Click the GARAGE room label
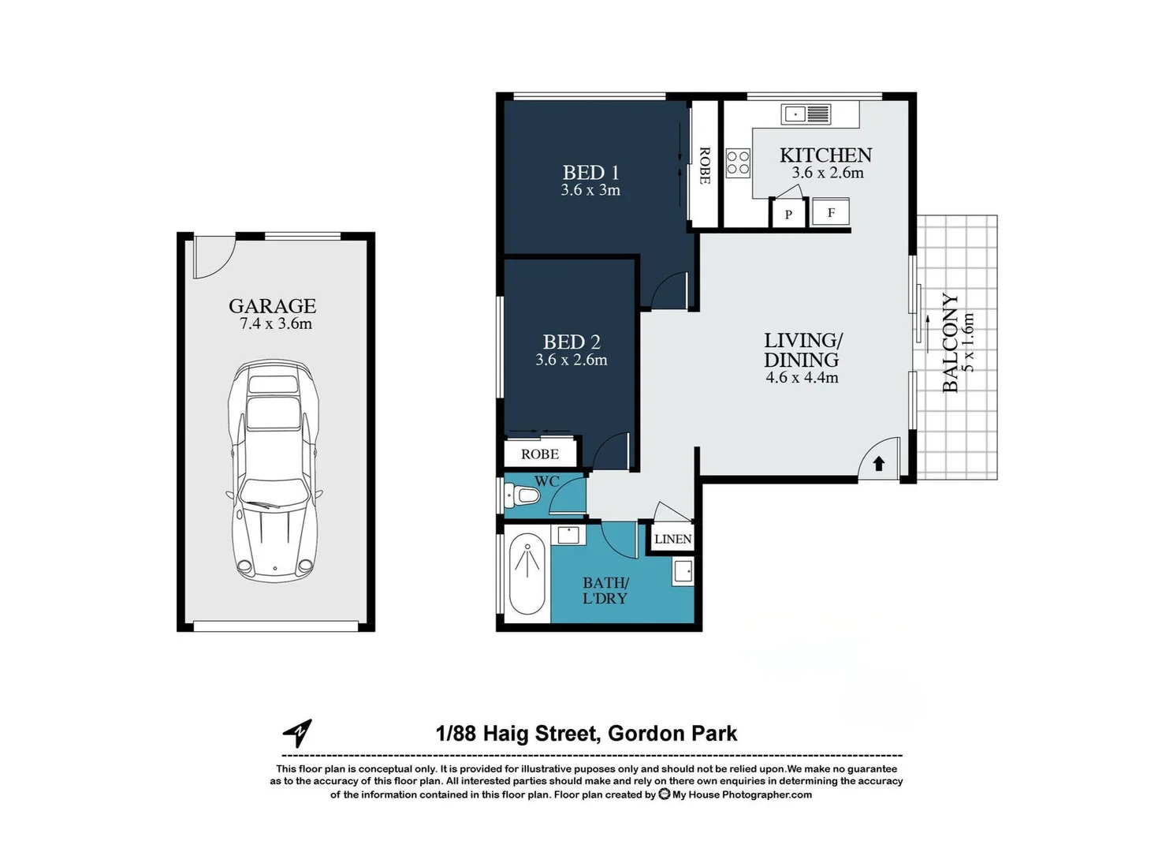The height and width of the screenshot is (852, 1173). (x=272, y=306)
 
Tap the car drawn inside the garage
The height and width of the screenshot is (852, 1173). (x=274, y=470)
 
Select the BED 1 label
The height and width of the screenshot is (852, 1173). (x=590, y=173)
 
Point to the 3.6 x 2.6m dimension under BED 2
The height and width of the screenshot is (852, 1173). (x=571, y=361)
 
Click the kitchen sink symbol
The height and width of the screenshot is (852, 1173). (x=806, y=114)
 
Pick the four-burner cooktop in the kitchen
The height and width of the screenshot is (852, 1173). (x=738, y=163)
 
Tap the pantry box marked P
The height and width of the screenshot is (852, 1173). (x=788, y=214)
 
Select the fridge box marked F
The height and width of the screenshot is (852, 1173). (x=830, y=213)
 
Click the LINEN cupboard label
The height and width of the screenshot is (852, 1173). (x=672, y=539)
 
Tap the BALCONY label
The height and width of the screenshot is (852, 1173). (x=951, y=342)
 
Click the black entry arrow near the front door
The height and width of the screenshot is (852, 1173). (x=879, y=464)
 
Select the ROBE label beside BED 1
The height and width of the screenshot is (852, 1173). (x=705, y=166)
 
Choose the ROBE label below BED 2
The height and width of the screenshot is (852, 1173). (x=540, y=454)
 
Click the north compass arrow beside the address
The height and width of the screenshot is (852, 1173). (x=298, y=733)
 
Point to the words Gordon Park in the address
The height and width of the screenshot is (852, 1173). (x=672, y=734)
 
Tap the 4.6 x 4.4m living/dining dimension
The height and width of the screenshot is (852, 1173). (x=802, y=378)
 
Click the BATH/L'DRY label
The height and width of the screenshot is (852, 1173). (x=605, y=590)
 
